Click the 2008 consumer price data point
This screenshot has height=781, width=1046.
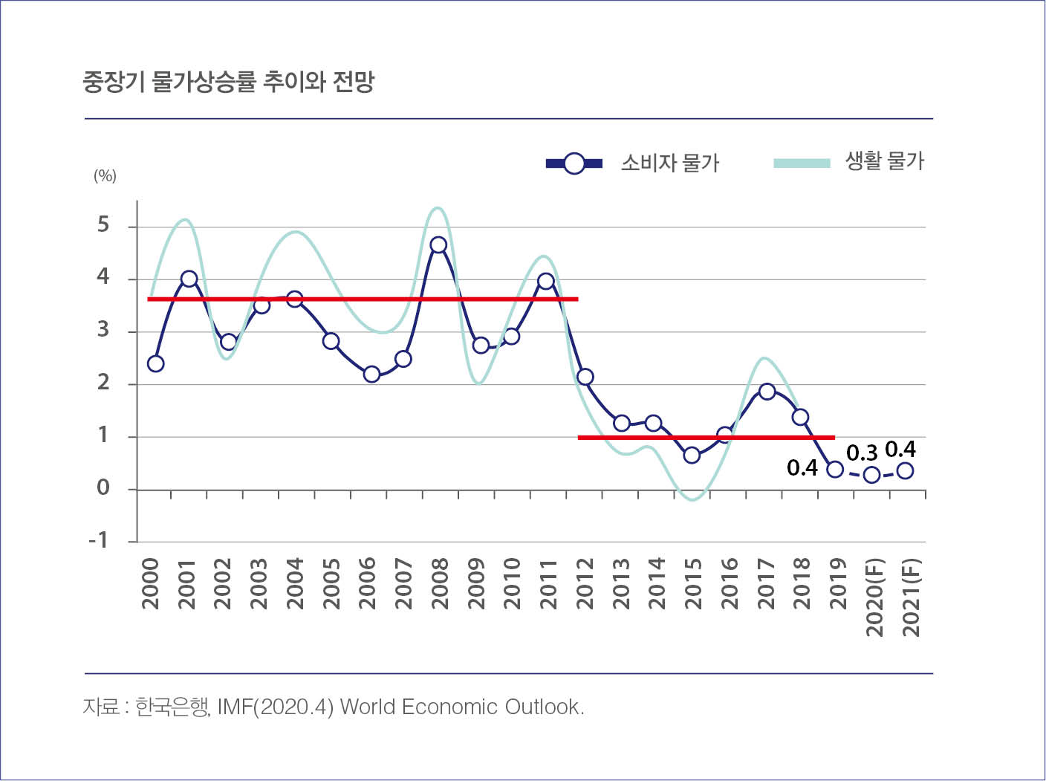click(438, 245)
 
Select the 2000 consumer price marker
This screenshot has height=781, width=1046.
click(155, 363)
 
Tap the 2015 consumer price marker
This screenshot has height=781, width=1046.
click(692, 455)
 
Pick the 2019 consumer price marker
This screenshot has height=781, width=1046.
click(834, 469)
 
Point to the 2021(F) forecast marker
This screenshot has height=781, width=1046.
click(905, 470)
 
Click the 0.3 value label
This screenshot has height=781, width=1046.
click(862, 453)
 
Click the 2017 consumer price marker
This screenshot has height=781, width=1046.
click(767, 392)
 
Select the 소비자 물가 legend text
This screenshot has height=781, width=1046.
click(670, 163)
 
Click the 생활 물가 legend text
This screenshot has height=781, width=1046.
click(884, 161)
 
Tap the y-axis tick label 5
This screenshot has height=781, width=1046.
click(103, 224)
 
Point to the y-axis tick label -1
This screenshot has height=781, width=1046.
click(98, 539)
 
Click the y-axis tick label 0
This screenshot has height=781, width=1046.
click(103, 487)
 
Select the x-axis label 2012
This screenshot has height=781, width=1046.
click(585, 584)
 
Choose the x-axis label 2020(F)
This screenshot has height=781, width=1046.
click(875, 597)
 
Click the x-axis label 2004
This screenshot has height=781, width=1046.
click(295, 584)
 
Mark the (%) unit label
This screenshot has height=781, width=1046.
click(105, 176)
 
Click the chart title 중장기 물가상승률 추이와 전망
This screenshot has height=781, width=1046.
click(229, 82)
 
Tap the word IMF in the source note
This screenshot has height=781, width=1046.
click(235, 707)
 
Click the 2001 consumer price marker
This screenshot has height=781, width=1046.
click(189, 279)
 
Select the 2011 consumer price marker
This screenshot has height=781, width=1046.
click(546, 281)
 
